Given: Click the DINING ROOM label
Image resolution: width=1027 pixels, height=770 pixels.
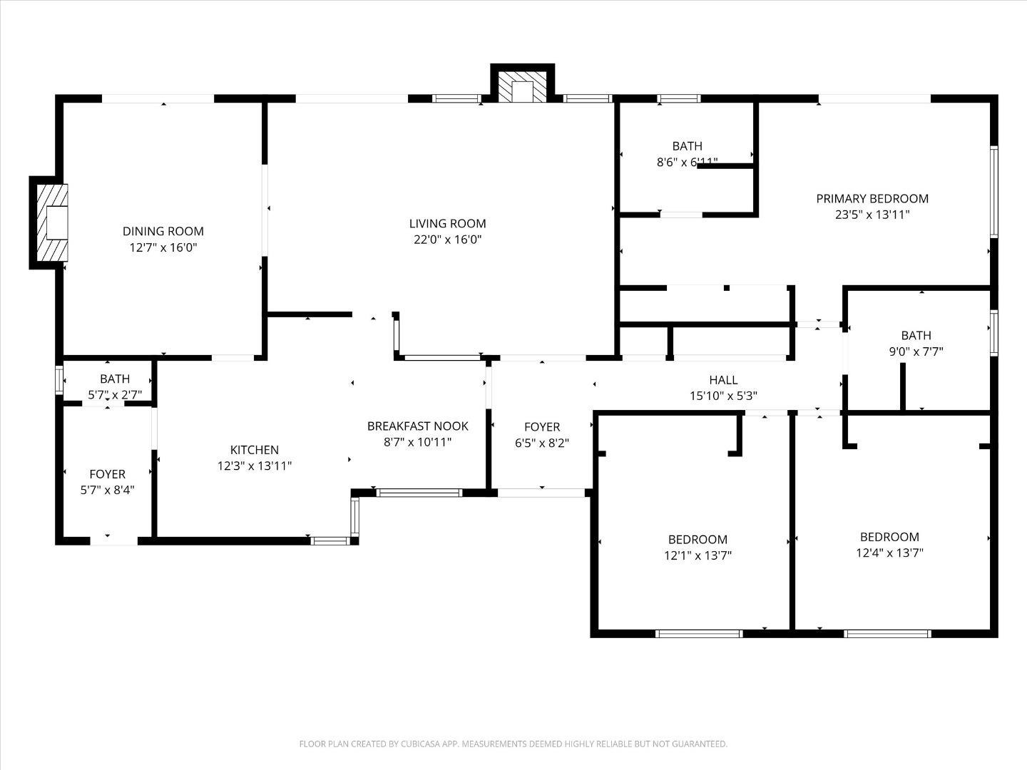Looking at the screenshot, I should pos(163,231).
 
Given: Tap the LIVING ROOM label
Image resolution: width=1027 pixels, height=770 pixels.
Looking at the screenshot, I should pos(447,223).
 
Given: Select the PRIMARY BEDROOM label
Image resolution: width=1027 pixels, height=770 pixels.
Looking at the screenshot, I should pos(872,198).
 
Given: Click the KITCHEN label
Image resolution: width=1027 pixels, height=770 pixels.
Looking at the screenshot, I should pos(255,450).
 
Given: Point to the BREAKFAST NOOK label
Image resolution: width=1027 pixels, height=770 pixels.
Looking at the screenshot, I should pos(418,426).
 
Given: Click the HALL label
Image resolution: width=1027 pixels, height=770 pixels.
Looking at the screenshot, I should pos(723,380).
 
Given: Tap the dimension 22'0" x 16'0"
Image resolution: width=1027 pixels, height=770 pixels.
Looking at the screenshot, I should pos(447,240).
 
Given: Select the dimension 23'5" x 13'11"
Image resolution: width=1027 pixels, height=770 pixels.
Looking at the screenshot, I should pos(872,215).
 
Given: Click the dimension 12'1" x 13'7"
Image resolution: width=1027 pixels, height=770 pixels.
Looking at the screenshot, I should pos(698,555).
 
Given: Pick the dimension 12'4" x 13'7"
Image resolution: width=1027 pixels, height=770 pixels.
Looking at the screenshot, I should pos(889,553).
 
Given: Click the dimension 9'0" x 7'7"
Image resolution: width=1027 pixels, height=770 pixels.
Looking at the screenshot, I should pos(916,351).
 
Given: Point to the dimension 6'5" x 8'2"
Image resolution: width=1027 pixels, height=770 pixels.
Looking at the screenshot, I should pos(542,443).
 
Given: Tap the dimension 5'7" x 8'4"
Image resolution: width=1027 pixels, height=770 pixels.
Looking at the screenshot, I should pos(107,490).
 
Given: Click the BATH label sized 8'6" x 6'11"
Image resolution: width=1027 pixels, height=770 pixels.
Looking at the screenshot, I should pos(687,146).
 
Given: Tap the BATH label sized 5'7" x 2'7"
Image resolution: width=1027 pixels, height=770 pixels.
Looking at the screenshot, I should pos(115,379).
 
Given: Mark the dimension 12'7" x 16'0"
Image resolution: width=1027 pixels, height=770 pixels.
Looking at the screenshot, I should pos(163,247).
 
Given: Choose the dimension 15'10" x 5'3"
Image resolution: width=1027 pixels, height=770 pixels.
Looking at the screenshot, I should pos(723,396).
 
